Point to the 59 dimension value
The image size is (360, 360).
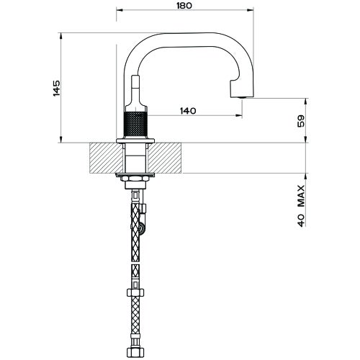pos(301,120)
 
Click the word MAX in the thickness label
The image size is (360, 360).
pos(301,195)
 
